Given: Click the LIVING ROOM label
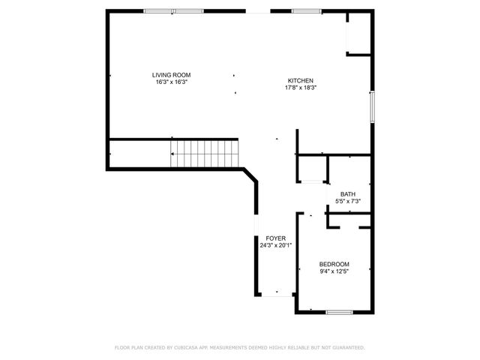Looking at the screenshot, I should (x=171, y=75).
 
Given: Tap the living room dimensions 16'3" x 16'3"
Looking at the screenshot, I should (x=171, y=82).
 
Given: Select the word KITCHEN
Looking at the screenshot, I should (x=301, y=81).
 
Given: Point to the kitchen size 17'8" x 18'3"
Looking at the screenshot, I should (x=301, y=88).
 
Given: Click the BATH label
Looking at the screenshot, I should (x=348, y=194).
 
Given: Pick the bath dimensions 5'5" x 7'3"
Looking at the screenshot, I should (x=348, y=201).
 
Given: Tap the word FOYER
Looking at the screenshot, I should (x=275, y=238).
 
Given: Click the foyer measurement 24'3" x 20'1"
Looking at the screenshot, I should (x=275, y=245).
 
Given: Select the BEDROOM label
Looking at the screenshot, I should (x=334, y=264).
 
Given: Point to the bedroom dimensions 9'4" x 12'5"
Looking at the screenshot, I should (x=334, y=271).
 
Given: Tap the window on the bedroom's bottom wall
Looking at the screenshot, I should (x=339, y=311).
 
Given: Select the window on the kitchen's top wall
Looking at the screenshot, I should (x=306, y=11).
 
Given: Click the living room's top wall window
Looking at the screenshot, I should (x=173, y=11).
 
